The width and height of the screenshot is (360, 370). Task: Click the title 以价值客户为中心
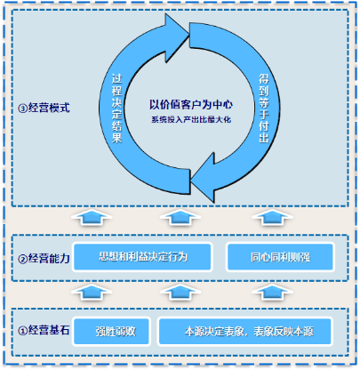[x=191, y=104]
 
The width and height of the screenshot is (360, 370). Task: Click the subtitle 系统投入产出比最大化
[x=191, y=120]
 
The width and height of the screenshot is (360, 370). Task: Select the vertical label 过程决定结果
[x=116, y=109]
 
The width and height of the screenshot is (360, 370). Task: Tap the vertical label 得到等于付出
[x=264, y=109]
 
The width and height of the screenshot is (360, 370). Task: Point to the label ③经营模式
[x=44, y=108]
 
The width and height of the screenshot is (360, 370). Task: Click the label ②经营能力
[x=44, y=259]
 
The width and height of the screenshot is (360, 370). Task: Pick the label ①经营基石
[x=44, y=330]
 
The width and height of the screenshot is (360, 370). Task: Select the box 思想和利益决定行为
[x=142, y=257]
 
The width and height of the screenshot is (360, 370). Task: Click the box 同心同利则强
[x=280, y=257]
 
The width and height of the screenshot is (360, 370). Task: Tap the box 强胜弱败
[x=111, y=332]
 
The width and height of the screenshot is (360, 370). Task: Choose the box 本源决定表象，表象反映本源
[x=245, y=332]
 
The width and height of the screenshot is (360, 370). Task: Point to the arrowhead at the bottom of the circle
[x=203, y=178]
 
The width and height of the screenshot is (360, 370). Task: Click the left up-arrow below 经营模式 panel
[x=92, y=218]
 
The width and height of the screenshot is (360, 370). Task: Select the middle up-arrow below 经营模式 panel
[x=180, y=218]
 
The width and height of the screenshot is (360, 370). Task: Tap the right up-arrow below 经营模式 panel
[x=272, y=218]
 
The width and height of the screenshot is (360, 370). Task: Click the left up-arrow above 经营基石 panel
[x=92, y=292]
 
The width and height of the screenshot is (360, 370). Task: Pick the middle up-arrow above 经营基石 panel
[x=180, y=292]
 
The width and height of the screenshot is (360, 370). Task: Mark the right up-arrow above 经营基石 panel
[x=272, y=292]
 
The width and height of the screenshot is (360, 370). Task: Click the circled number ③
[x=23, y=109]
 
